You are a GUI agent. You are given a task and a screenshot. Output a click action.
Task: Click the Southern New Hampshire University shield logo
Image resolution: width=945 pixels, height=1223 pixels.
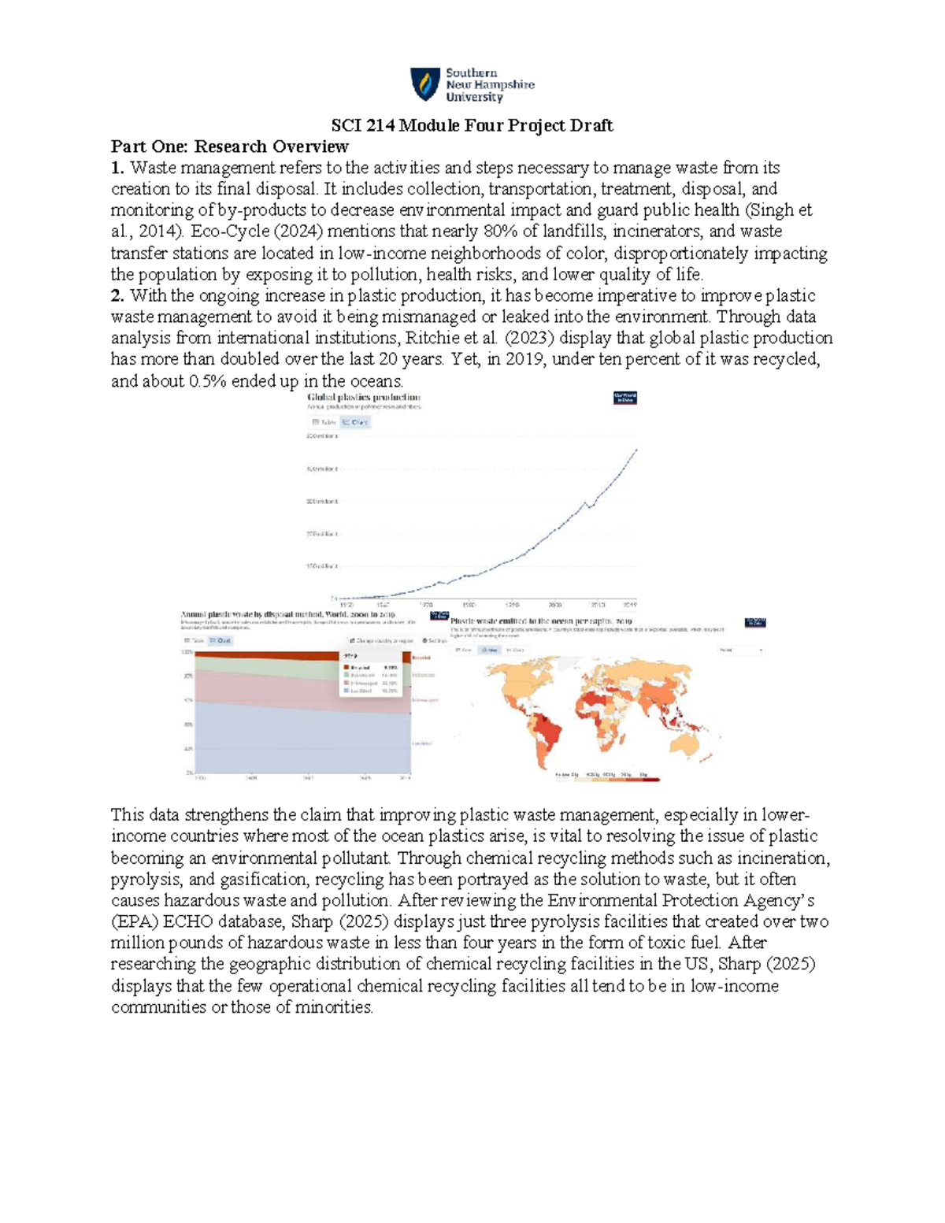click(425, 84)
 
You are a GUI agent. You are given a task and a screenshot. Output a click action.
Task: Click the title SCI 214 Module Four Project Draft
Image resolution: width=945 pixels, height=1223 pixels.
click(472, 125)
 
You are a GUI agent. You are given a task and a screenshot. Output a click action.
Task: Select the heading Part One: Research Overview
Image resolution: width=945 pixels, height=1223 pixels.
click(229, 146)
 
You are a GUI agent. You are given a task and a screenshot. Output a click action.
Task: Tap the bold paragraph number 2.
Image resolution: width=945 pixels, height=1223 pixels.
click(117, 296)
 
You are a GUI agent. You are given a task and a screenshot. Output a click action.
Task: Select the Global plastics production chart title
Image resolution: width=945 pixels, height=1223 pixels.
click(363, 398)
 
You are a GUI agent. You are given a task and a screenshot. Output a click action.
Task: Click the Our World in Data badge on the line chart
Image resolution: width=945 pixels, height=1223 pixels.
click(624, 398)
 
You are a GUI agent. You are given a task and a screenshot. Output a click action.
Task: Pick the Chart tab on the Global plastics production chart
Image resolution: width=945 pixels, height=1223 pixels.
click(355, 422)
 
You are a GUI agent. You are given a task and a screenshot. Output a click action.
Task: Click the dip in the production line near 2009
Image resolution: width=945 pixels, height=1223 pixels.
click(590, 506)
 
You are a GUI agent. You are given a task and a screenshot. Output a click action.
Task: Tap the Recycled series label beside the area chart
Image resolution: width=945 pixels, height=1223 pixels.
click(421, 657)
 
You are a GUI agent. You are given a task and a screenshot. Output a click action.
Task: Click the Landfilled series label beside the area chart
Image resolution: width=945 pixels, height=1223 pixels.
click(421, 743)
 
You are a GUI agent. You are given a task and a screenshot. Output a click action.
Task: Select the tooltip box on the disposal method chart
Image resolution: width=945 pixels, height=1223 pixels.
click(370, 673)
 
